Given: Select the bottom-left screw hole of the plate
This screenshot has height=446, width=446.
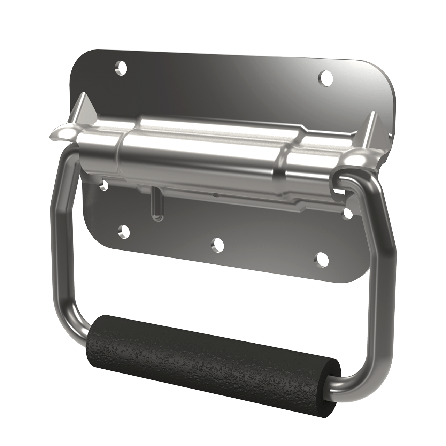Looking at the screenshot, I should tap(123, 231).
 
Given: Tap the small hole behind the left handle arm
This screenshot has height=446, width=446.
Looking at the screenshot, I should tap(103, 186).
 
